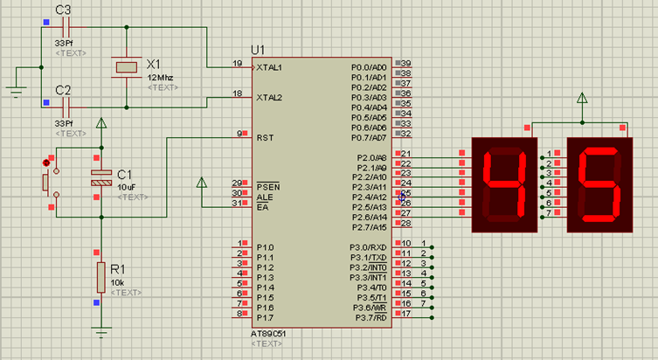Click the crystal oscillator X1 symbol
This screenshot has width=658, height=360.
127,67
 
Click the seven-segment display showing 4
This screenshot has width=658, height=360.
503,184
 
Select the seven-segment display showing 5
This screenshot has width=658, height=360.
599,184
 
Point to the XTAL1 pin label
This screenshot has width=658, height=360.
269,67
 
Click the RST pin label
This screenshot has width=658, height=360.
265,137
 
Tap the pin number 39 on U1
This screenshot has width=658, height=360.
405,63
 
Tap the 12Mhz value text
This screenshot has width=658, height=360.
160,78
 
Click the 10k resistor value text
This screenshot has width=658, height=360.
118,282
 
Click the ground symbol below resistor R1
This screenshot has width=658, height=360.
101,332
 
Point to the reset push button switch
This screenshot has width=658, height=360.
47,182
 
